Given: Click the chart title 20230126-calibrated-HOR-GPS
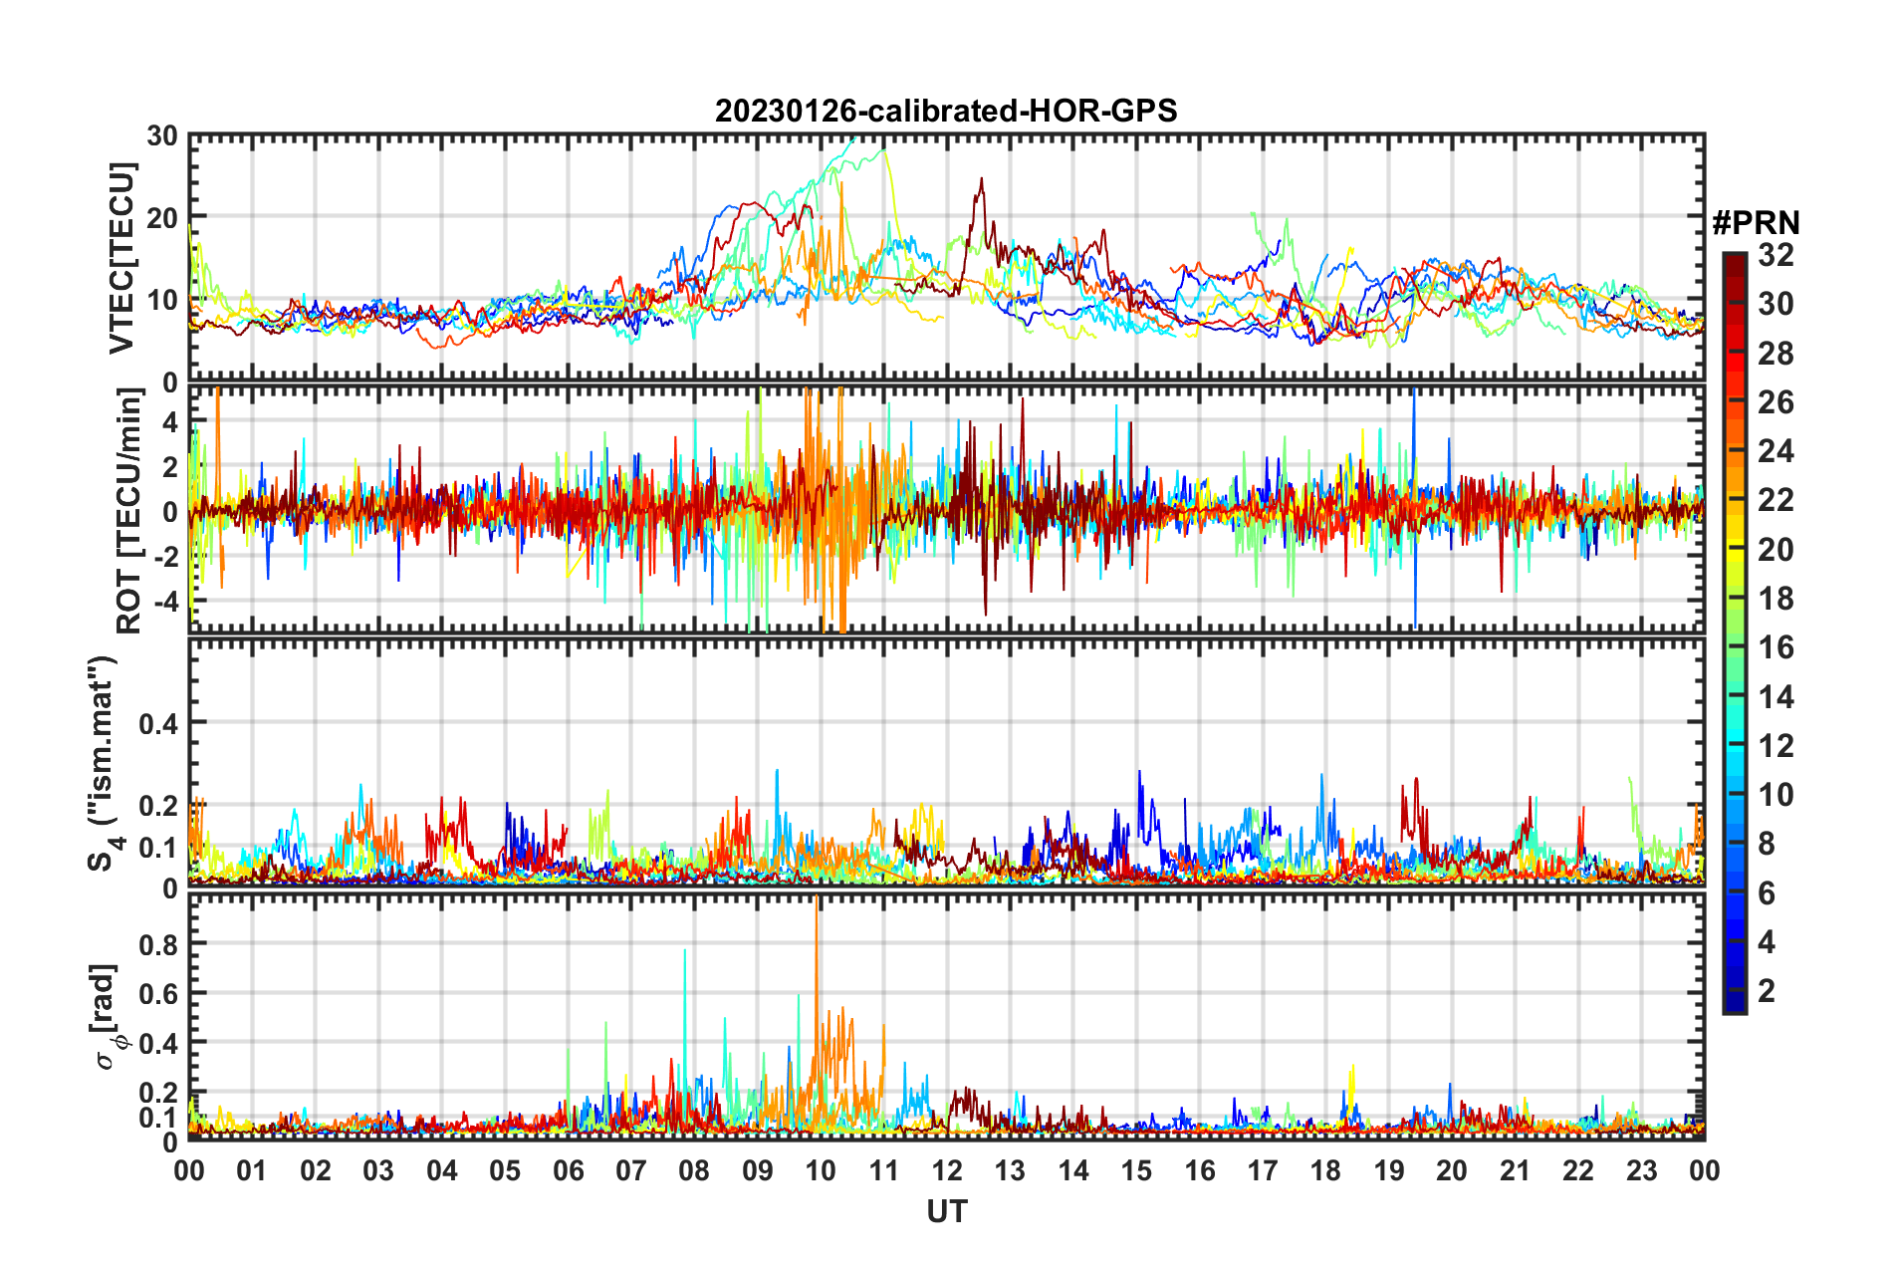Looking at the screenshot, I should point(946,111).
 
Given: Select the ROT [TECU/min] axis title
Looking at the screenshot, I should point(129,510).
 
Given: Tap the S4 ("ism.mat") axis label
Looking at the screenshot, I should point(103,764).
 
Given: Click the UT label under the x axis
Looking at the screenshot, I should point(946,1211).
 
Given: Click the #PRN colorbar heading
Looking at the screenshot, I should point(1756,223).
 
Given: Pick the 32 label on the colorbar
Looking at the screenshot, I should point(1776,255).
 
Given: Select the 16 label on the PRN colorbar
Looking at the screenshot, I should point(1776,647).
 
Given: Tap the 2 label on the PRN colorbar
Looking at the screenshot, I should point(1767,990).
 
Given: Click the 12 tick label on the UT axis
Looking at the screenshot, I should point(947,1170).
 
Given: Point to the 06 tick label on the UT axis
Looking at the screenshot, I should point(568,1170).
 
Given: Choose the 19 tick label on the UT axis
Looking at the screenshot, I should point(1389,1170).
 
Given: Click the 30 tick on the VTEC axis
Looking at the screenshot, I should point(162,136).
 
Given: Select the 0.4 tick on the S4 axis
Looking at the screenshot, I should point(158,723).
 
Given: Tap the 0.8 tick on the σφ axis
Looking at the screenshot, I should point(158,943).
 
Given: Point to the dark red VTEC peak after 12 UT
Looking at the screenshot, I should point(982,181).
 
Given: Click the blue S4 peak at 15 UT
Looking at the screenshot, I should point(1139,773).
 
